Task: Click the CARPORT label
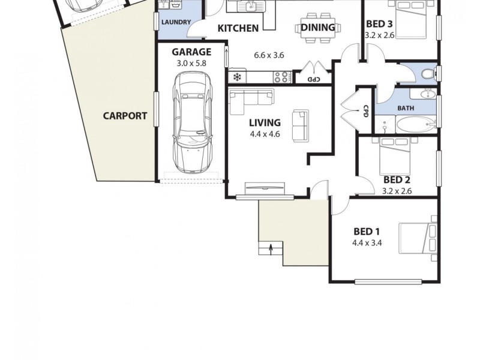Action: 124,116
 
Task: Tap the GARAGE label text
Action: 191,52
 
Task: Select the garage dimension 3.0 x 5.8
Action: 191,63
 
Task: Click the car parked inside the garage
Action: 192,123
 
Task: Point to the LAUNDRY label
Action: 175,23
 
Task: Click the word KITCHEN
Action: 238,28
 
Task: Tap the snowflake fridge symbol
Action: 237,77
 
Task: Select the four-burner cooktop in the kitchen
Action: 281,77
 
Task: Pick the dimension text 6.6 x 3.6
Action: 269,55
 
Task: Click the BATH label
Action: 406,109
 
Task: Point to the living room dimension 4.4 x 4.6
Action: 265,134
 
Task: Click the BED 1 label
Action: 367,232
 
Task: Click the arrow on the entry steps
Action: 271,248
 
